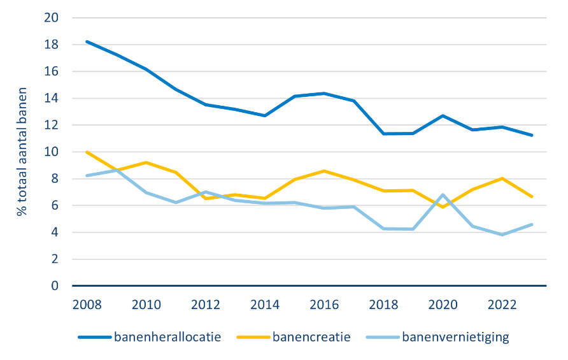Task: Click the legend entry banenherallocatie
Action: pyautogui.click(x=150, y=337)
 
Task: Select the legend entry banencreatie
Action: pyautogui.click(x=294, y=337)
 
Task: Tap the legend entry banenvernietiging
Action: pyautogui.click(x=437, y=337)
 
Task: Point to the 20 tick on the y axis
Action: pyautogui.click(x=51, y=18)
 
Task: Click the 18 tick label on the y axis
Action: pyautogui.click(x=51, y=45)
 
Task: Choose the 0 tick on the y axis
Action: pyautogui.click(x=55, y=286)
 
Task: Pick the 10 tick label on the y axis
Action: pyautogui.click(x=51, y=152)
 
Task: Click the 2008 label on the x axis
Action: pyautogui.click(x=87, y=305)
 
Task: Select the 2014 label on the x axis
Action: pyautogui.click(x=265, y=305)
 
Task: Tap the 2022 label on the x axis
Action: pyautogui.click(x=502, y=305)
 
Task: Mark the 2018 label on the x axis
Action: pyautogui.click(x=383, y=305)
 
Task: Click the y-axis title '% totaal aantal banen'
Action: pyautogui.click(x=22, y=152)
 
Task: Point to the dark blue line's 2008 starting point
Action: pyautogui.click(x=87, y=41)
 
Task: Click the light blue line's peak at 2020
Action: pyautogui.click(x=443, y=195)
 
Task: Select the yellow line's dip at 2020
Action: pyautogui.click(x=443, y=207)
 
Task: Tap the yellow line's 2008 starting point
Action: pyautogui.click(x=87, y=152)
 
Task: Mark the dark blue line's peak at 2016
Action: pyautogui.click(x=324, y=94)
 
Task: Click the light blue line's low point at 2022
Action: pyautogui.click(x=502, y=234)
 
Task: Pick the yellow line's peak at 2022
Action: pyautogui.click(x=502, y=178)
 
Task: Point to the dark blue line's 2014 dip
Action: pyautogui.click(x=265, y=116)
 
